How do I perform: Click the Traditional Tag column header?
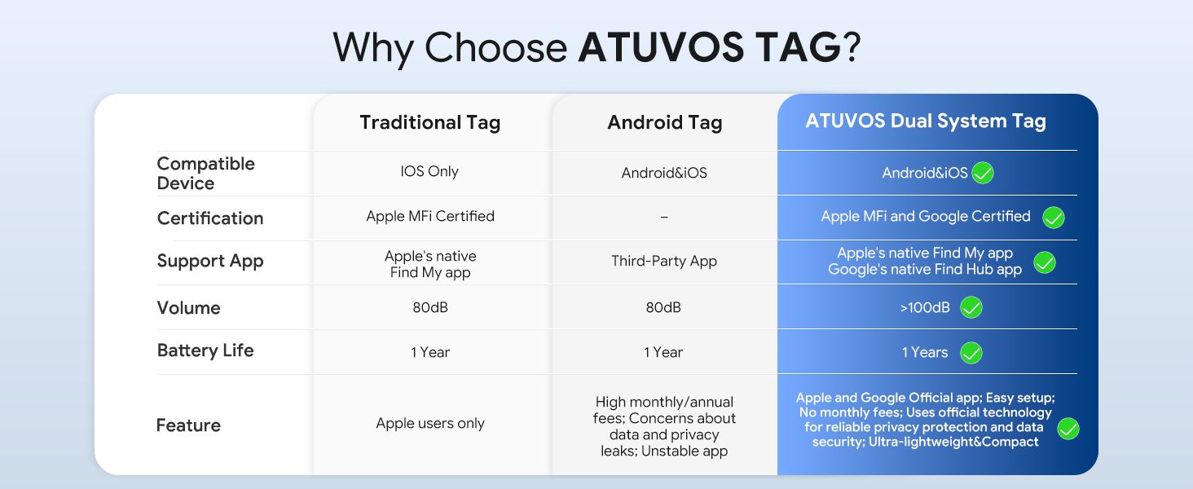(x=429, y=122)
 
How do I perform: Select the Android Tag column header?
(x=665, y=122)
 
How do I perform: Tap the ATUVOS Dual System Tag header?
(x=926, y=121)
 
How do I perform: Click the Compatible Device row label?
(x=205, y=173)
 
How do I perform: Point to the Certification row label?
(x=210, y=218)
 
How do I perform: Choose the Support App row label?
(x=210, y=261)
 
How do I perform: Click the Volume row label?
(x=188, y=307)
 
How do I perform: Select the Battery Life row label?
(x=205, y=350)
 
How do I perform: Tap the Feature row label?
(x=188, y=425)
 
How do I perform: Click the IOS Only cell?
(x=429, y=171)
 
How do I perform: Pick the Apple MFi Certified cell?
(x=430, y=216)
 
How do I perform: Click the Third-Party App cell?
(x=664, y=261)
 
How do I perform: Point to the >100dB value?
(x=925, y=307)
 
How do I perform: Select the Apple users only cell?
(x=430, y=423)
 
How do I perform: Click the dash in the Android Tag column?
(x=664, y=218)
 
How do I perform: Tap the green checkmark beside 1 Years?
(x=971, y=353)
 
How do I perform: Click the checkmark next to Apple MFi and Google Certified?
(x=1054, y=218)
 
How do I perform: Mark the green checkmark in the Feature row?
(x=1068, y=429)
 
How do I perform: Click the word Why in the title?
(x=373, y=48)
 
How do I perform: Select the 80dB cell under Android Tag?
(x=663, y=307)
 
